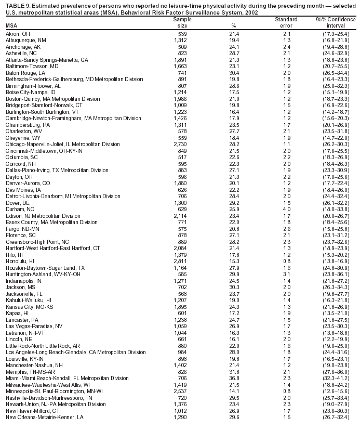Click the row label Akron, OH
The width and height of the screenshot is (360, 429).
[x=18, y=33]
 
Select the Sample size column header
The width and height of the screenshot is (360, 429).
[x=179, y=22]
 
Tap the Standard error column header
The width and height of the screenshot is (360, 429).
[x=286, y=22]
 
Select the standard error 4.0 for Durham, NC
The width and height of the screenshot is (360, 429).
[x=287, y=209]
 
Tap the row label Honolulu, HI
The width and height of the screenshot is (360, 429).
[x=20, y=260]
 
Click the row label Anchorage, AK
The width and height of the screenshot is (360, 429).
[x=22, y=46]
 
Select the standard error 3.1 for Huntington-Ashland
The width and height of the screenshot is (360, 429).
[x=287, y=274]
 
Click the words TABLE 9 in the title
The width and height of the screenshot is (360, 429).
[x=17, y=4]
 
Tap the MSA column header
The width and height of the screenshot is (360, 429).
[x=11, y=25]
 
